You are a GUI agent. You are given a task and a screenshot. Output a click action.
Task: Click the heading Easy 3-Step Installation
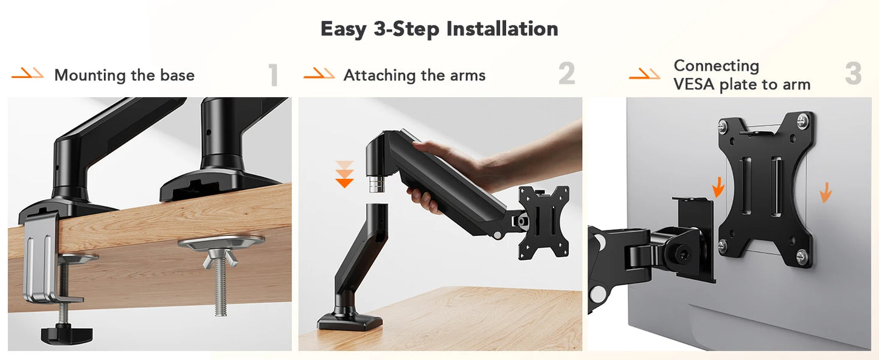coord(439,29)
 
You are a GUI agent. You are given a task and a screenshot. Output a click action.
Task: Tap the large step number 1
coord(274,75)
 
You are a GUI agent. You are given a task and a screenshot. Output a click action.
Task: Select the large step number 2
coord(566,74)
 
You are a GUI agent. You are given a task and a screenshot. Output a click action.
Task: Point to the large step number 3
coord(853,74)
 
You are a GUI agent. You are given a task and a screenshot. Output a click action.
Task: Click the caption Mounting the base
coord(124,75)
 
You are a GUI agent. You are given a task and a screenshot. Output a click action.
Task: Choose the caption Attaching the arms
coord(414,75)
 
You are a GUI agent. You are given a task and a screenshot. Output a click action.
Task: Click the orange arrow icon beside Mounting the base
coord(28,75)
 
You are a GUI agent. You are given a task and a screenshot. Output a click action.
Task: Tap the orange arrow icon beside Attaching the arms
coord(319,75)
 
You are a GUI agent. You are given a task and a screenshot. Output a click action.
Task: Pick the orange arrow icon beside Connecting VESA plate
coord(644,75)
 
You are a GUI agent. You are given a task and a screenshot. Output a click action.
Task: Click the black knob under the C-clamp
coord(66,333)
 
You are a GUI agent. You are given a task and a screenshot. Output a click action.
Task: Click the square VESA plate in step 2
coord(543,221)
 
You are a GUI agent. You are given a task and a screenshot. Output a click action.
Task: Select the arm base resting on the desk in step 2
coord(350,319)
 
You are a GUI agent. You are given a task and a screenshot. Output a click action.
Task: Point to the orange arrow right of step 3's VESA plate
coord(825,193)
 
